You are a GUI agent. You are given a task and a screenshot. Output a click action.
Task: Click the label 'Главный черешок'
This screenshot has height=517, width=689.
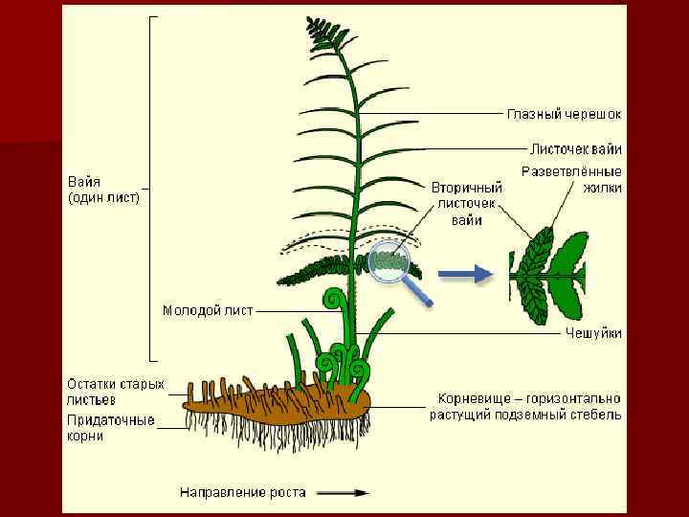click(x=564, y=114)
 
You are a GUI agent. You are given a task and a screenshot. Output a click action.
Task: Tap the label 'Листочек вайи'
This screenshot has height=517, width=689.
click(x=575, y=149)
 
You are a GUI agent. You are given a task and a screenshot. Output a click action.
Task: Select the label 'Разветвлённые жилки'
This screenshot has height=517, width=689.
click(x=571, y=179)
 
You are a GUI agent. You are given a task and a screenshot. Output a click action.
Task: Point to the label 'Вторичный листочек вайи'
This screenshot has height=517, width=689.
click(x=466, y=203)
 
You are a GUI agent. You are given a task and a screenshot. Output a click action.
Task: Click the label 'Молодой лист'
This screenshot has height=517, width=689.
click(x=207, y=310)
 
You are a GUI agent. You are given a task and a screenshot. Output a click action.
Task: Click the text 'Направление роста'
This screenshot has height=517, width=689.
click(x=243, y=492)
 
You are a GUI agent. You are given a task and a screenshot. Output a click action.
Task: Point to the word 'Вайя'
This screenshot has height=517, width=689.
click(x=84, y=182)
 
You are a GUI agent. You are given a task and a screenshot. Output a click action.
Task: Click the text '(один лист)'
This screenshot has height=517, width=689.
click(x=103, y=198)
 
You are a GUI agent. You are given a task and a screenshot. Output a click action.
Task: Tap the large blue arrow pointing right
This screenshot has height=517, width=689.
click(x=465, y=274)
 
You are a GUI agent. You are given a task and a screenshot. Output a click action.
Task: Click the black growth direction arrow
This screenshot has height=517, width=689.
click(x=342, y=492)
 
